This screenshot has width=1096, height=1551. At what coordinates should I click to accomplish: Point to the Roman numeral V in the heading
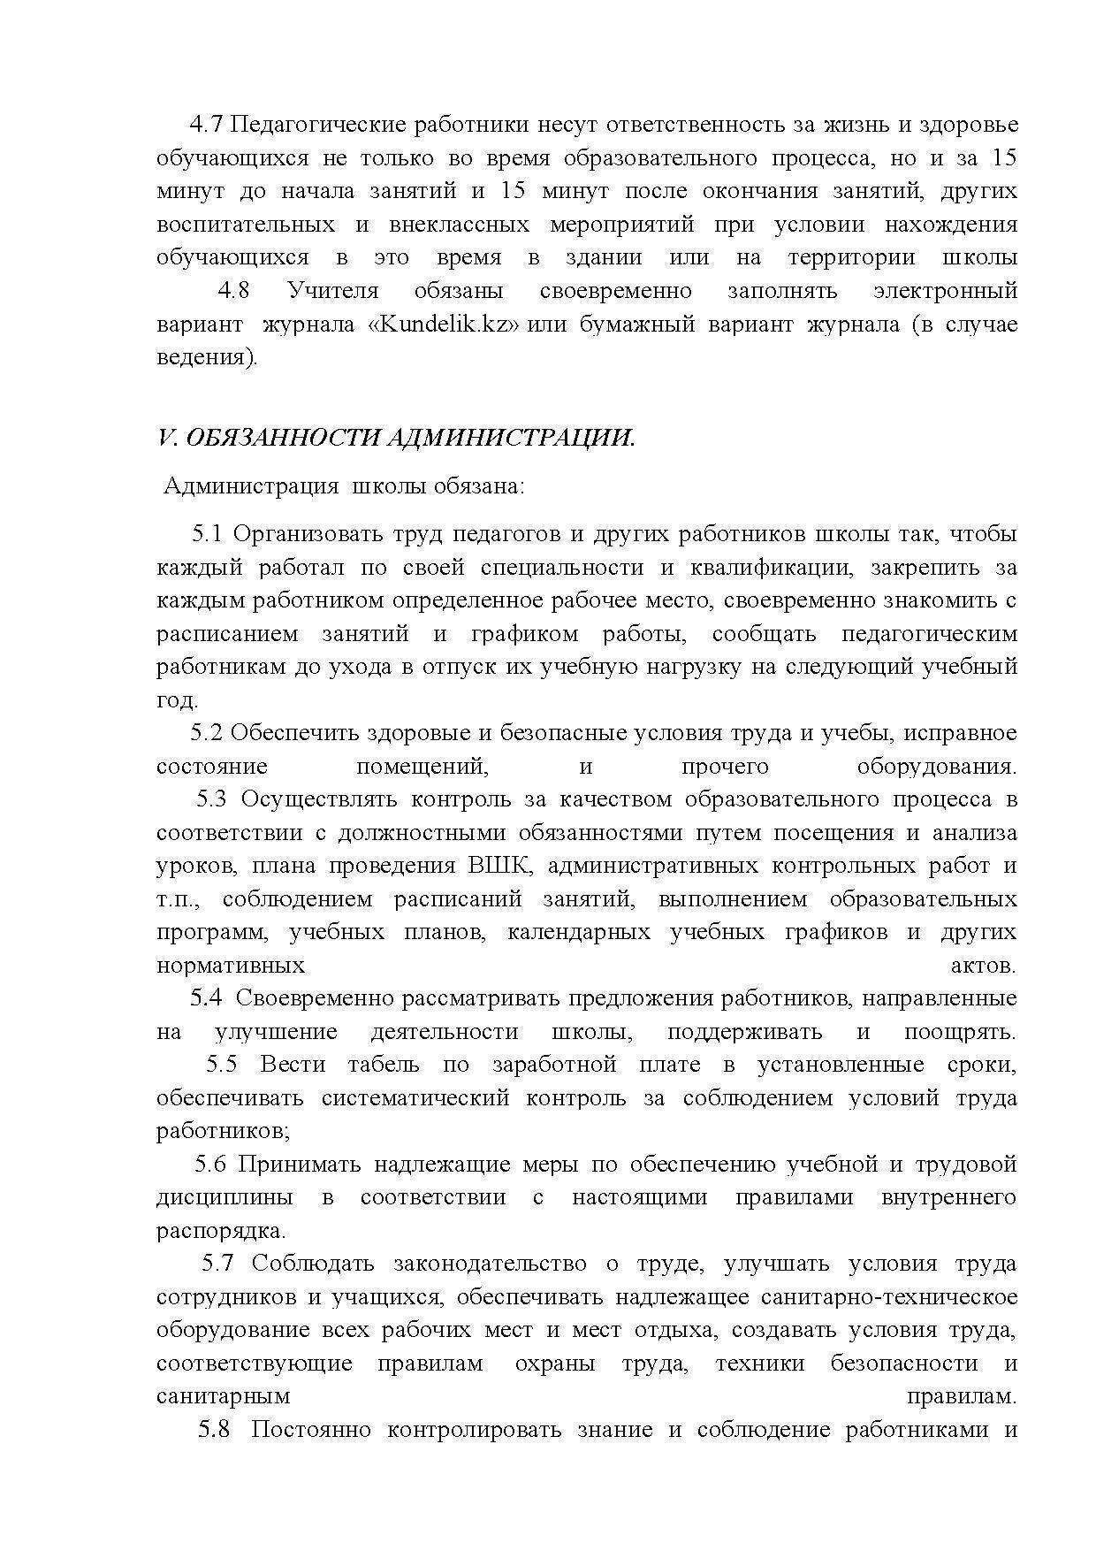[x=164, y=439]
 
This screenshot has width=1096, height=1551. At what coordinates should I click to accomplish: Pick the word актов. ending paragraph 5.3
[x=983, y=966]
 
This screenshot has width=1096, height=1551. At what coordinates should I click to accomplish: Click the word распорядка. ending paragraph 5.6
[x=221, y=1231]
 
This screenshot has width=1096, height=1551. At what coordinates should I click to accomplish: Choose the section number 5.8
[x=214, y=1430]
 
